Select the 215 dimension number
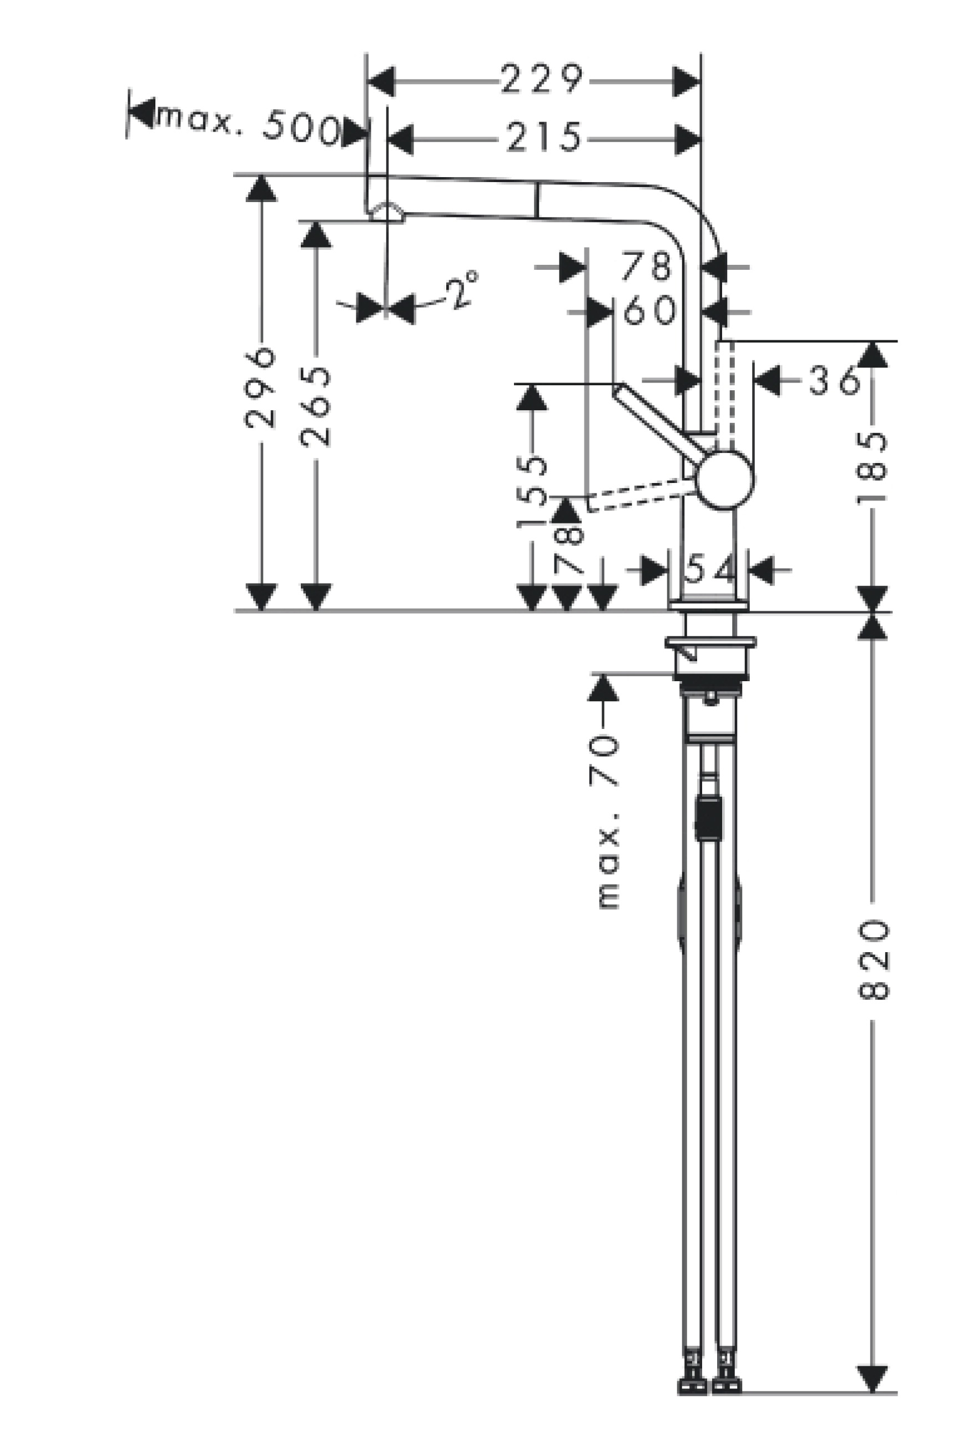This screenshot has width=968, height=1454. (544, 137)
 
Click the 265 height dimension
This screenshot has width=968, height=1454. (315, 406)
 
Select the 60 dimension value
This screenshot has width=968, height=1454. (649, 309)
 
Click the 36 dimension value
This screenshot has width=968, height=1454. (835, 380)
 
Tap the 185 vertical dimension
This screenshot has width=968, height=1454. (871, 467)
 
